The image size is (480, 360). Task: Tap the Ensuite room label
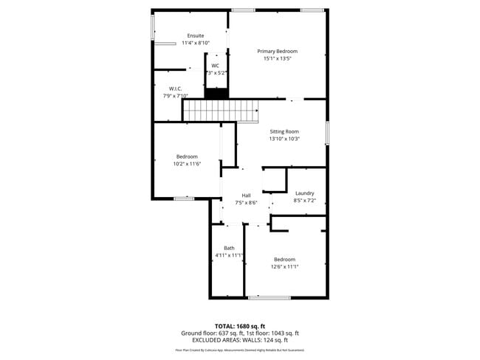196,36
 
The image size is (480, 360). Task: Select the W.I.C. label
175,89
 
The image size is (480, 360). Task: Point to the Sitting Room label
284,131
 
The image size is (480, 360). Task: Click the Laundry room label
304,193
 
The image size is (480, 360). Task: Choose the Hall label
246,195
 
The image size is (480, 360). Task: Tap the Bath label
229,248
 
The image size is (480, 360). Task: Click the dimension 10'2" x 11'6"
187,164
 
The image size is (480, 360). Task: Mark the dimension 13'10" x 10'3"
284,139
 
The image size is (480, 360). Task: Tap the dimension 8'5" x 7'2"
304,201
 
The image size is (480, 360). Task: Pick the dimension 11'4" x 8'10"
196,44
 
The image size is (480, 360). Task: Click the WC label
216,66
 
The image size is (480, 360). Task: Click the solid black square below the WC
216,93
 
